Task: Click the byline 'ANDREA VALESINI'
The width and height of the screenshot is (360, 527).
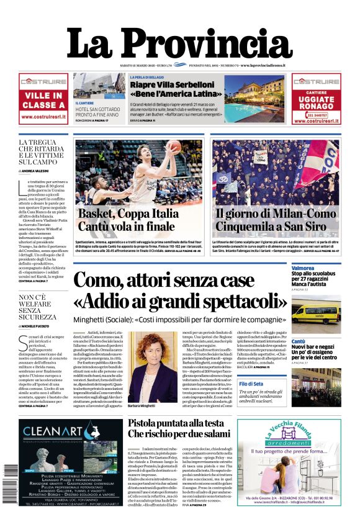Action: pos(45,171)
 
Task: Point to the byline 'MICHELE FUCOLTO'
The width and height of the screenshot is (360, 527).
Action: pos(45,327)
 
